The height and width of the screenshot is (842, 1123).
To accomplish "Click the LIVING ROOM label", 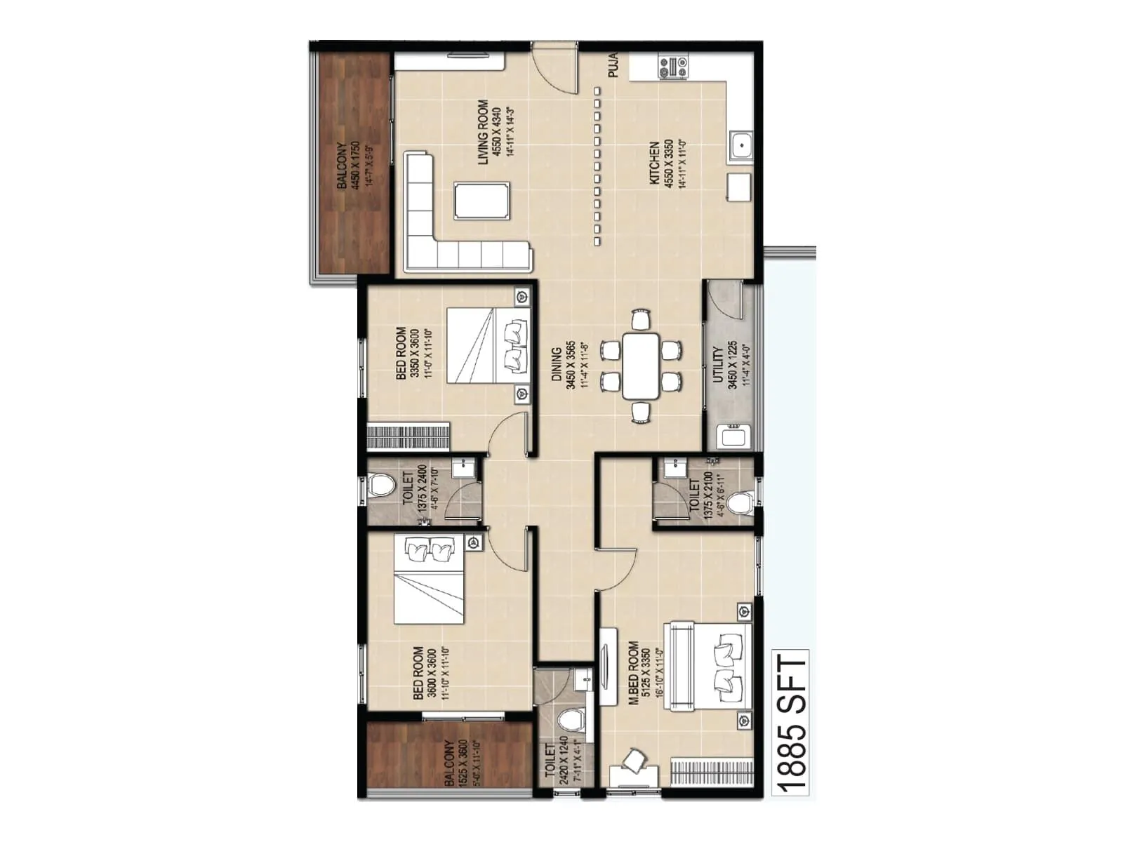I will click(x=483, y=132).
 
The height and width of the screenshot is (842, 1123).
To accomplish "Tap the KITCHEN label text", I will click(x=654, y=163).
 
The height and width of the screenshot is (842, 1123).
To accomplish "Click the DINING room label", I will click(x=557, y=365).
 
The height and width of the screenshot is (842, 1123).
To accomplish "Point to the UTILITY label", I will click(x=718, y=365).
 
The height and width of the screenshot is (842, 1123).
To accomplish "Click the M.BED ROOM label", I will click(x=634, y=672).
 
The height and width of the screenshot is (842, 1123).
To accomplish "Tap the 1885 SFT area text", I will click(x=792, y=723).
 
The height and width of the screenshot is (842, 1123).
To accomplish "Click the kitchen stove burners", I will click(x=672, y=67).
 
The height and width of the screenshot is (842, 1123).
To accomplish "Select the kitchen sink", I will click(x=740, y=146).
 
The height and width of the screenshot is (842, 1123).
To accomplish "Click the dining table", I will click(x=641, y=366).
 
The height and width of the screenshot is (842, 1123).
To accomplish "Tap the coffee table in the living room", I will click(x=481, y=201).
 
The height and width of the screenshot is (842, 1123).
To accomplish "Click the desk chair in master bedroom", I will click(x=634, y=761).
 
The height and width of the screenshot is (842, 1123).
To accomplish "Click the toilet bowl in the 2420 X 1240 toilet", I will click(x=571, y=721).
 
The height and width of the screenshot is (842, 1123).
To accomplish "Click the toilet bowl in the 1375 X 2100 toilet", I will click(x=738, y=502).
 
